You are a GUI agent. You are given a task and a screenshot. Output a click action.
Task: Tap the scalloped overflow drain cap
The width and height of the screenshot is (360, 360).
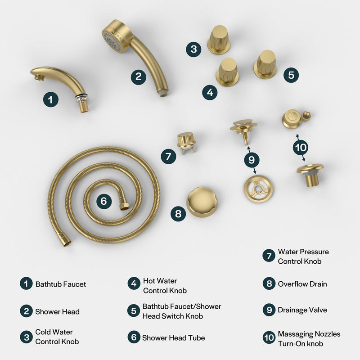point(202,202)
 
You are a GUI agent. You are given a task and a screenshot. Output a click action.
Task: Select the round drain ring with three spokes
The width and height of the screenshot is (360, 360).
point(258,189)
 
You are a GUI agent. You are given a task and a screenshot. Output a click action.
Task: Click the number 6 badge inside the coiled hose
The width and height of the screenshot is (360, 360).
point(103,201)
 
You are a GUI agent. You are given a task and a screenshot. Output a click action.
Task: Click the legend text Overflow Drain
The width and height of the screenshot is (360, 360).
point(302,284)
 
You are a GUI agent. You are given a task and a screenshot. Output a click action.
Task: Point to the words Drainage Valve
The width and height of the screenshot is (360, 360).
point(302,310)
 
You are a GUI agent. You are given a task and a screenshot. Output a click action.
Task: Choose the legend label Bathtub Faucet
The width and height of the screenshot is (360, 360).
point(61,284)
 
